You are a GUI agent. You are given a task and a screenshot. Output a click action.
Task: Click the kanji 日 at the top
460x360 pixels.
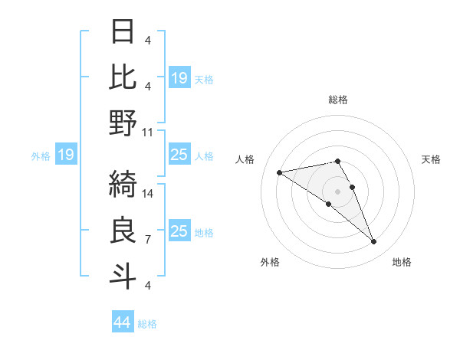point(123,31)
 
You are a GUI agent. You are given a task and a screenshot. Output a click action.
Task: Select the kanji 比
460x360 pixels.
point(123,77)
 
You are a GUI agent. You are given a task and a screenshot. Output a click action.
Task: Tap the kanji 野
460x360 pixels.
point(123,123)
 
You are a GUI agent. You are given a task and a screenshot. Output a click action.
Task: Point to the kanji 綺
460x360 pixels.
point(123,183)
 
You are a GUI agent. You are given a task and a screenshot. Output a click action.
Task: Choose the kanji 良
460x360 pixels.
point(123,229)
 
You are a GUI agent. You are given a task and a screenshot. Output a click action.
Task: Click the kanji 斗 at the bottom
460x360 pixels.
point(123,275)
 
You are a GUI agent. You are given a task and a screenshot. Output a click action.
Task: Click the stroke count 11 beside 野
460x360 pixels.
point(148,132)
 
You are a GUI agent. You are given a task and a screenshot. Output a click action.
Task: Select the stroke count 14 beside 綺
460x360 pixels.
point(149,194)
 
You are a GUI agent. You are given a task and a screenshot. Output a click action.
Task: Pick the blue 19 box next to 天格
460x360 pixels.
point(179,77)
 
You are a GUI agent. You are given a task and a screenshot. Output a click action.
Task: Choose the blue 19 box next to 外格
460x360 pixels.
point(66,155)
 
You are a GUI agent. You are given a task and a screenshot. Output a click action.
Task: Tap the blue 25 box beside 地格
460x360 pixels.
point(179,231)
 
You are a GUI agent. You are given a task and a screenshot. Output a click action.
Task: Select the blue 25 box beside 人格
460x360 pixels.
point(179,155)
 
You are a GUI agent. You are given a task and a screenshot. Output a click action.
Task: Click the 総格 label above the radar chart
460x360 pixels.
point(338,100)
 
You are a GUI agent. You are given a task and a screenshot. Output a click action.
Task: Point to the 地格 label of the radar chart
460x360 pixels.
point(402,262)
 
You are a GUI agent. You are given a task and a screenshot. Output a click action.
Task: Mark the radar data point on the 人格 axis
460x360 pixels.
point(279,172)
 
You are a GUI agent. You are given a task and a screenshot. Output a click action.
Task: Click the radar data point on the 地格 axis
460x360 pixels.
point(373,242)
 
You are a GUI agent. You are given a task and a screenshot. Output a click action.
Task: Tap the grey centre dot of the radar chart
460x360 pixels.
point(338,191)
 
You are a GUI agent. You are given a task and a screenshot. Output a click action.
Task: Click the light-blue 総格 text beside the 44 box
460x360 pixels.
point(147,324)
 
